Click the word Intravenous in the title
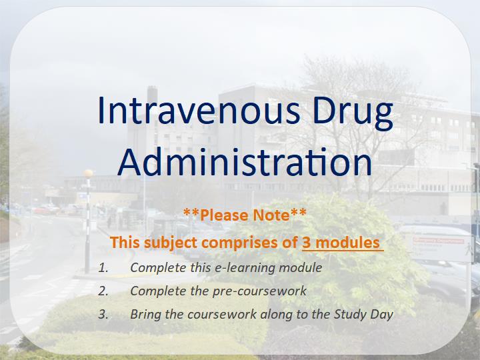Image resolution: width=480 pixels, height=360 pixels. tap(199, 110)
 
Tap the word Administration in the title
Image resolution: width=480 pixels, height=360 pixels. tap(245, 161)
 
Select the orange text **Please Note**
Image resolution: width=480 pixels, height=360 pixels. tap(245, 215)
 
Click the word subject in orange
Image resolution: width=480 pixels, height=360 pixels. tap(171, 243)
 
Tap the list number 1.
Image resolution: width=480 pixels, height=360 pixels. tap(103, 268)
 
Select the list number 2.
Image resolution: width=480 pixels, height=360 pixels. tap(103, 291)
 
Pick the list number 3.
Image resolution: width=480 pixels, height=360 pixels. tap(103, 314)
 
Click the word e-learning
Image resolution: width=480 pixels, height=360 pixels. tap(245, 268)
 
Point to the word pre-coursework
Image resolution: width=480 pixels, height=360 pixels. tap(259, 291)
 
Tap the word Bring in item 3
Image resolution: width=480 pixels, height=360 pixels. tap(145, 315)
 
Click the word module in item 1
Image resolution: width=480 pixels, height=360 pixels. tap(300, 268)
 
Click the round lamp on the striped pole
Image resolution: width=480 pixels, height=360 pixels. tap(88, 173)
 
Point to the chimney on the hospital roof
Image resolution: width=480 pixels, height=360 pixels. tap(152, 95)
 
